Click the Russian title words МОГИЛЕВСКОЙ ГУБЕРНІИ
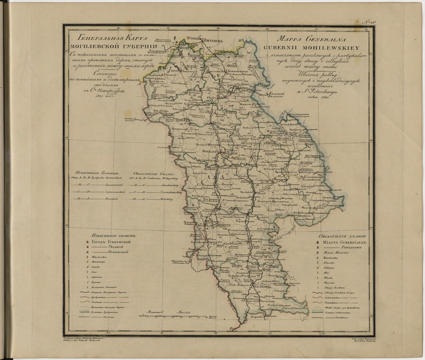click(111, 46)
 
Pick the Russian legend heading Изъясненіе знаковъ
click(110, 234)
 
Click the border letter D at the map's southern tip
click(231, 328)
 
